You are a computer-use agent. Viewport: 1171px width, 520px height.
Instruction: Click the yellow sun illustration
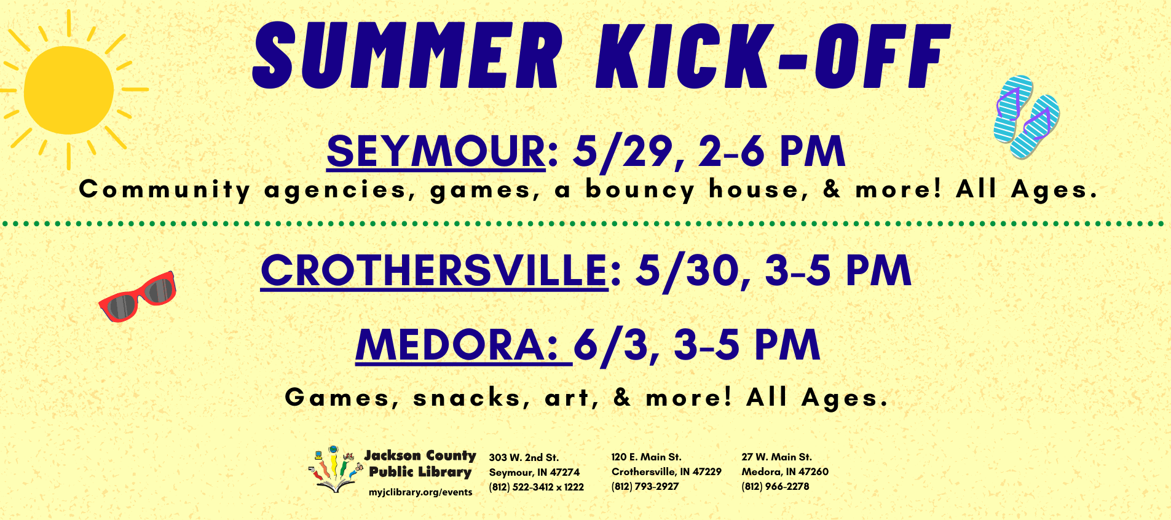pyautogui.click(x=69, y=90)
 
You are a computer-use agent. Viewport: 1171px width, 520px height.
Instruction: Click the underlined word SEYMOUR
pyautogui.click(x=436, y=151)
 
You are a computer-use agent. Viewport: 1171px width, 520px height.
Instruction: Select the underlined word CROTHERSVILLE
pyautogui.click(x=434, y=270)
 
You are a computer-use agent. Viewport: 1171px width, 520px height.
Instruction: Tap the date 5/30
pyautogui.click(x=688, y=270)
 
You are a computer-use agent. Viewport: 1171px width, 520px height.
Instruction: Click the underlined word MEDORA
pyautogui.click(x=456, y=345)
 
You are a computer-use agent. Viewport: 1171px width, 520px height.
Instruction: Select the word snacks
pyautogui.click(x=469, y=398)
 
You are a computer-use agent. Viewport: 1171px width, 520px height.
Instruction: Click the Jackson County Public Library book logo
pyautogui.click(x=333, y=471)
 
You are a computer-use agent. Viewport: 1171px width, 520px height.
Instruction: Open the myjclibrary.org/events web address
pyautogui.click(x=420, y=492)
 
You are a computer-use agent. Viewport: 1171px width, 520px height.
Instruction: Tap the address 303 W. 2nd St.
pyautogui.click(x=524, y=457)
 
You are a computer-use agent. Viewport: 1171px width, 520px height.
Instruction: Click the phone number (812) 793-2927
pyautogui.click(x=645, y=486)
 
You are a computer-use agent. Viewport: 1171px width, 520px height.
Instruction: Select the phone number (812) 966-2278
pyautogui.click(x=775, y=486)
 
